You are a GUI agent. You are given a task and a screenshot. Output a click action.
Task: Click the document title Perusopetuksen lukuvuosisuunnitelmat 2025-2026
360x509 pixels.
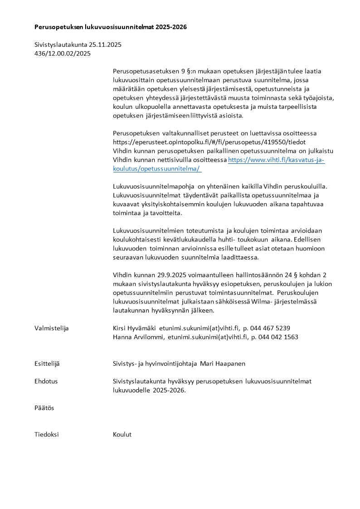[x=111, y=27]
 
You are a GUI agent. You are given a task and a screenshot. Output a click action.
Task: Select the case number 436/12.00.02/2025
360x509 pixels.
[x=63, y=54]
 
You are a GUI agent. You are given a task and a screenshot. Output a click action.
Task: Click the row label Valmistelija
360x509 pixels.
[x=52, y=328]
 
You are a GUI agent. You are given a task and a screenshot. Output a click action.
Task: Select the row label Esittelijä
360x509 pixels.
[x=47, y=363]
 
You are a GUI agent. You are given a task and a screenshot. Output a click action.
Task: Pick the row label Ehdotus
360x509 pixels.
[x=46, y=382]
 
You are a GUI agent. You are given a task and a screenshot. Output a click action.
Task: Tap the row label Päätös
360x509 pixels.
[x=44, y=408]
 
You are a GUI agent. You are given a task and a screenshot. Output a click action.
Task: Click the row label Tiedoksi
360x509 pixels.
[x=47, y=435]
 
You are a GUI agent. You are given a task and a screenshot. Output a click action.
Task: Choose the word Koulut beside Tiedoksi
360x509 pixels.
[x=122, y=435]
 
